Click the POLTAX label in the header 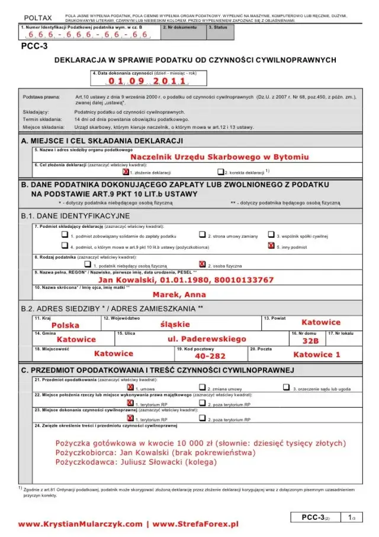tap(38, 18)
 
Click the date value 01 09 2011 tap(147, 81)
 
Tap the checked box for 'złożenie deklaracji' tap(126, 171)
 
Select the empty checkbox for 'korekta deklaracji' tap(220, 171)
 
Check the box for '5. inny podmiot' tap(271, 246)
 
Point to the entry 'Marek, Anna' tap(179, 294)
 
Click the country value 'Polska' tap(65, 325)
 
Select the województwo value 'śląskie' tap(175, 324)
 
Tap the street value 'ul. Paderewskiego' tap(206, 339)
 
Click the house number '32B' tap(310, 341)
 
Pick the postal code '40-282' tap(210, 356)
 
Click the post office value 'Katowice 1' tap(317, 354)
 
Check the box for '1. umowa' tap(130, 388)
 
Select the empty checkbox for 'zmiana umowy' tap(203, 388)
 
